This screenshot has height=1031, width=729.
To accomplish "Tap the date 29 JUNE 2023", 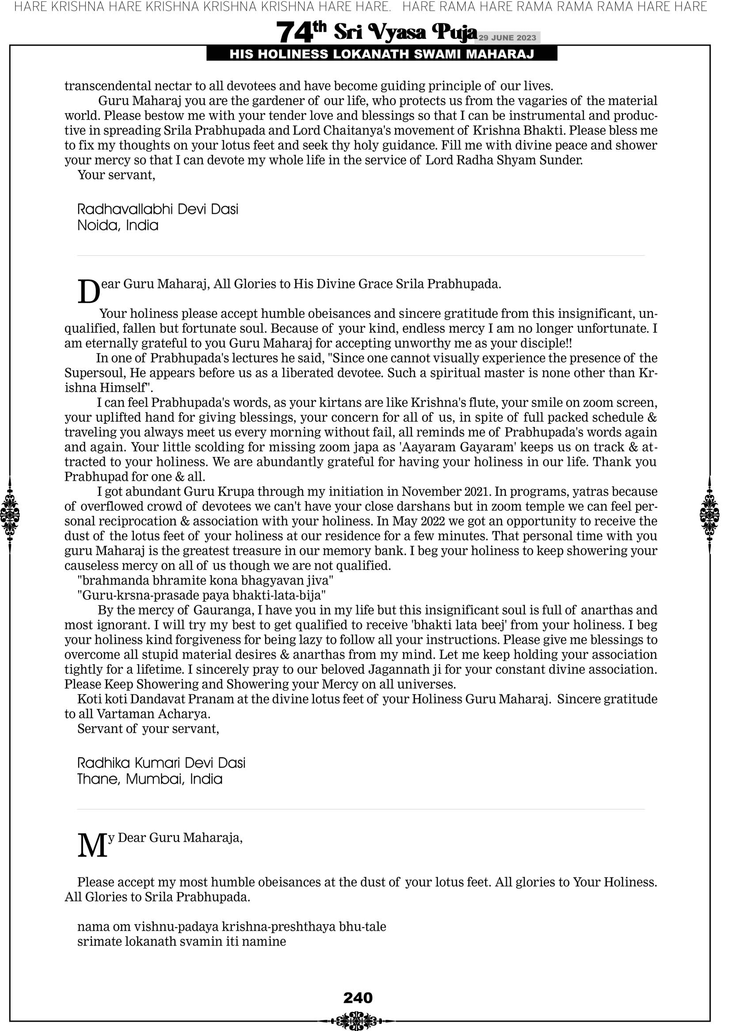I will (x=507, y=38).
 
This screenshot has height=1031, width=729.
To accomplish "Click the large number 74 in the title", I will (x=294, y=33).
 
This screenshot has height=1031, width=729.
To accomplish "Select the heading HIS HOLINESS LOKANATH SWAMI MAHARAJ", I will (x=382, y=54).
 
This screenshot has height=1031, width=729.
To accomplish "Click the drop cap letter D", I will (x=88, y=292).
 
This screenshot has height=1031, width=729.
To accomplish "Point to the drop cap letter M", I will (x=92, y=846).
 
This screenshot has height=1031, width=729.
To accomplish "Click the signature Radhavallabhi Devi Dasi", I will (x=158, y=209).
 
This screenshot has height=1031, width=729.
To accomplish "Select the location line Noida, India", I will (x=118, y=226).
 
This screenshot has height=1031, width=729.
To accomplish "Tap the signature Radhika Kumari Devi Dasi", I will (x=161, y=763).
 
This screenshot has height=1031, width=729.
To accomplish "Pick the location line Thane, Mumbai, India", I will (x=150, y=779).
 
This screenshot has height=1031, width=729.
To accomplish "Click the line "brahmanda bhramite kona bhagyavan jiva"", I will (x=205, y=581).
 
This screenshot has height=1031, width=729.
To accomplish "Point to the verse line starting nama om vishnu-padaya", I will (x=232, y=927).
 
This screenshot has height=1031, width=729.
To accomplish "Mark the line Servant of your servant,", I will (x=148, y=729).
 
